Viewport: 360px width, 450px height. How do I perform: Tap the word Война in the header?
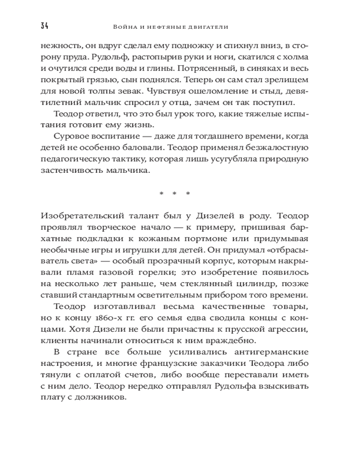(x=123, y=27)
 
